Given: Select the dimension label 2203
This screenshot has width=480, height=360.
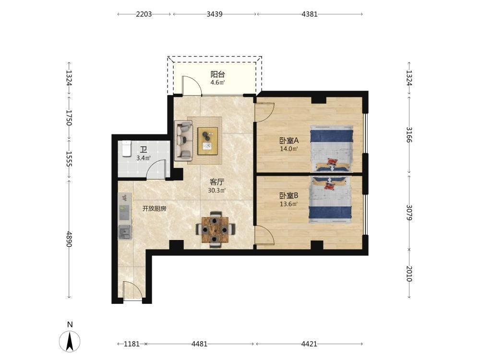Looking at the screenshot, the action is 144,14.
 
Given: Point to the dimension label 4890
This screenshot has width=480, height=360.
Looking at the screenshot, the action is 69,239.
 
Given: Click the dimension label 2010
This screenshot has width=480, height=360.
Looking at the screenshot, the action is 409,274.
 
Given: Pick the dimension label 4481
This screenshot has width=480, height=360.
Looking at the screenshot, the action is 199,344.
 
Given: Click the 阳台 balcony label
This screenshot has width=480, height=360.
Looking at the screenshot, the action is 217,74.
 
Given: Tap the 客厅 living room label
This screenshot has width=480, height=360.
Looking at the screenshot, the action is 217,182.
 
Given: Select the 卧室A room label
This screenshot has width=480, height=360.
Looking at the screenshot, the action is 288,141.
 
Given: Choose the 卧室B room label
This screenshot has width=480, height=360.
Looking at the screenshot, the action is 288,196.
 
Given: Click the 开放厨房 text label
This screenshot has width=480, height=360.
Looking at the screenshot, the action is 154,209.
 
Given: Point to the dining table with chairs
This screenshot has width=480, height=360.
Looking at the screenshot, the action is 216,229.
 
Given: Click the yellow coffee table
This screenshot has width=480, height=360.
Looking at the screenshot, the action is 208,141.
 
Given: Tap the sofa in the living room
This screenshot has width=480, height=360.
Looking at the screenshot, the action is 183,141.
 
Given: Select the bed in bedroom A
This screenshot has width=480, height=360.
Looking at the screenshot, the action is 331,148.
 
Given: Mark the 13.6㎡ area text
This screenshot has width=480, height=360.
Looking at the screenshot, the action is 288,204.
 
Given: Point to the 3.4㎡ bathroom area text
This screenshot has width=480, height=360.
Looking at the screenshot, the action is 143,158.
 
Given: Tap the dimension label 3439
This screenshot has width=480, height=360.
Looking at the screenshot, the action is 214,14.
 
